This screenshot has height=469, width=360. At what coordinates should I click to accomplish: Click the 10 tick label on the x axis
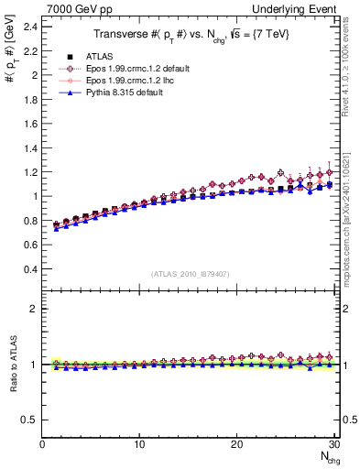tap(139, 445)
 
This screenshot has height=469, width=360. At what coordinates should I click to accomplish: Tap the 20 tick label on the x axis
tap(237, 445)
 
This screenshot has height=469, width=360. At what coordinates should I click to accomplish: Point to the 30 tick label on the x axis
tap(333, 445)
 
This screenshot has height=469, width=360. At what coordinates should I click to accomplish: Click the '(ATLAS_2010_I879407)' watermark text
tap(190, 273)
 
